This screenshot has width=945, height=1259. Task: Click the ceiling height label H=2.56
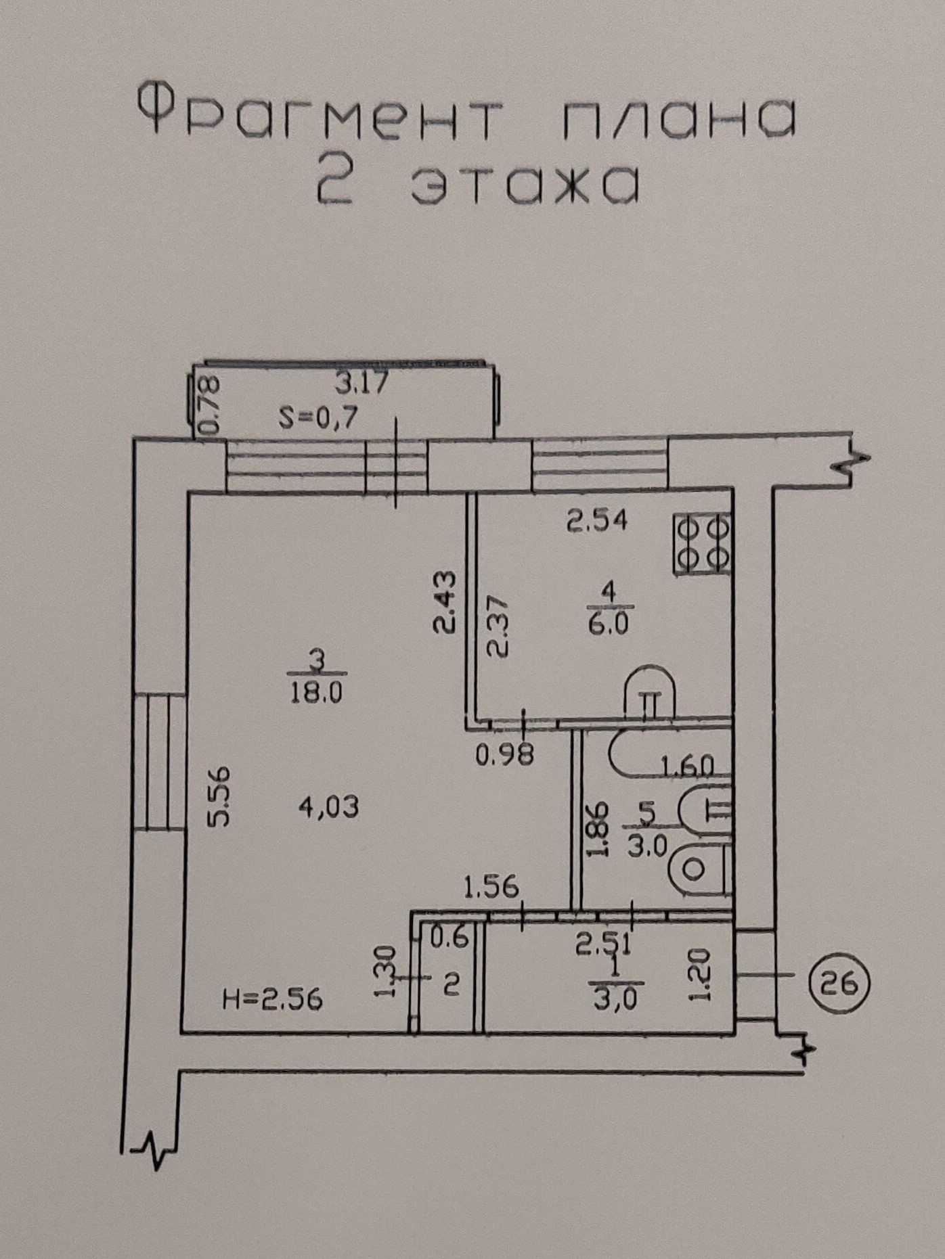(x=273, y=999)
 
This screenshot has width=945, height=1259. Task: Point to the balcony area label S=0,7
(x=318, y=419)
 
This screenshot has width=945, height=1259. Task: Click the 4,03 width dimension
(x=328, y=806)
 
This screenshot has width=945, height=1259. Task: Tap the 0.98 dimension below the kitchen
(x=505, y=753)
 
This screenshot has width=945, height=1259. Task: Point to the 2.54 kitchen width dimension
(x=597, y=520)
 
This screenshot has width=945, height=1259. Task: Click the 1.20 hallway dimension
(x=701, y=974)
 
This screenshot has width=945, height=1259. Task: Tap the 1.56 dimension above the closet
(x=492, y=886)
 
